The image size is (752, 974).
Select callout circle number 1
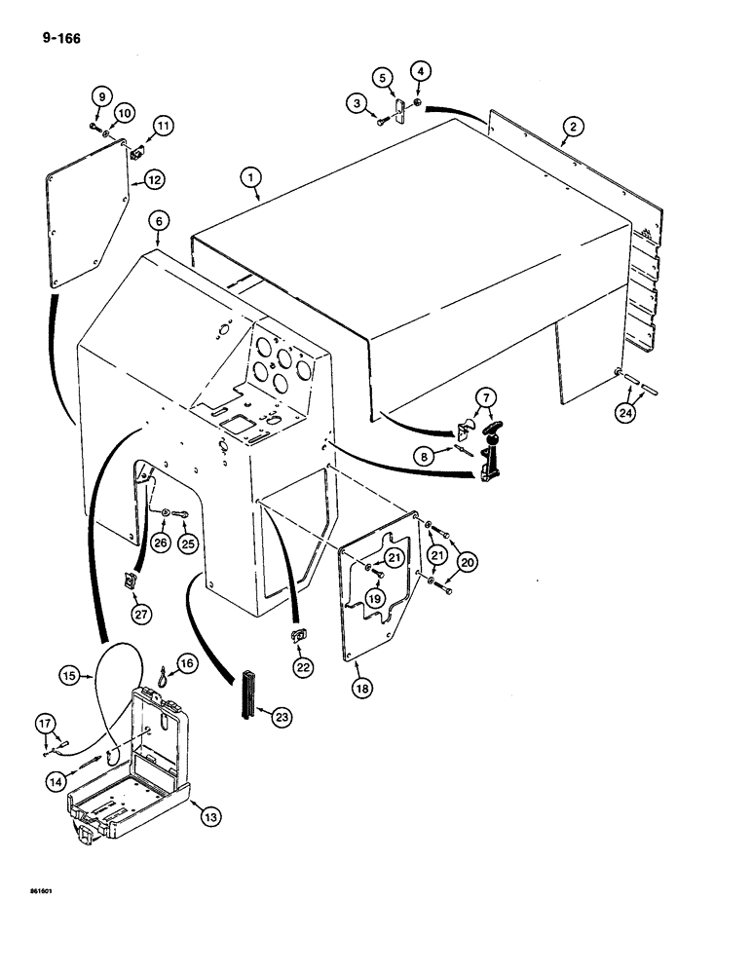pyautogui.click(x=251, y=176)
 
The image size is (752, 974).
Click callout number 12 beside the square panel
pyautogui.click(x=155, y=179)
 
